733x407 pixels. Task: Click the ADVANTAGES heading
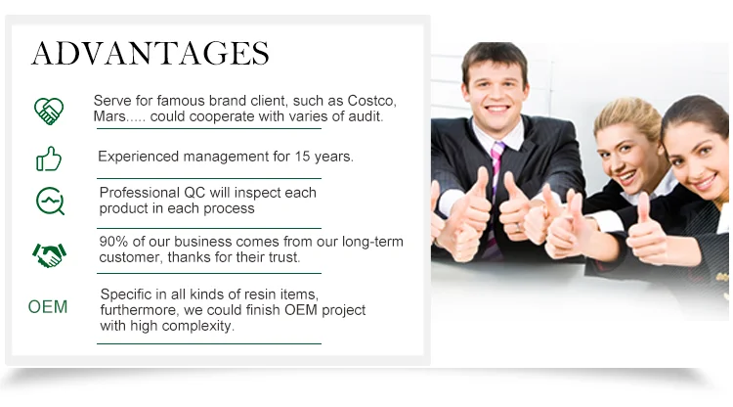click(151, 53)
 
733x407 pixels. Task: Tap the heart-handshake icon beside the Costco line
click(49, 111)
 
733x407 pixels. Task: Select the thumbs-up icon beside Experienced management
click(49, 159)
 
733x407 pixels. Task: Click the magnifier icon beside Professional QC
click(50, 202)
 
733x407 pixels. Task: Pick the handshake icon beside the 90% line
click(49, 255)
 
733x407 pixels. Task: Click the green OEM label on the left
click(48, 307)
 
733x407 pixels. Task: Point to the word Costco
click(371, 101)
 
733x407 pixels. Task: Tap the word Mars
click(109, 116)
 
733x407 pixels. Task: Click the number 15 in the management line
click(302, 157)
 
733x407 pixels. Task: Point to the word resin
click(259, 294)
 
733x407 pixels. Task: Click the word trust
click(284, 257)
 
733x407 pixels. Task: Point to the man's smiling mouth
click(496, 109)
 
